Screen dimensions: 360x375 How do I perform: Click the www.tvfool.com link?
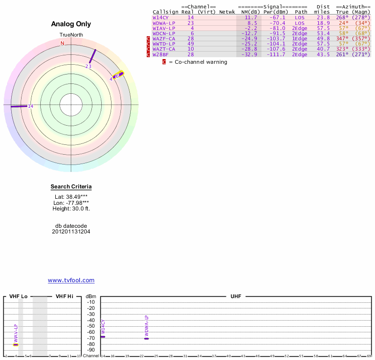(71, 280)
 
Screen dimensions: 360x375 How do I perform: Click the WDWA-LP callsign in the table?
(164, 22)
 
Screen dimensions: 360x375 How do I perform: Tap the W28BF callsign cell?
(161, 54)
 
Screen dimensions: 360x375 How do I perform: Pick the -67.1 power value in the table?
(277, 17)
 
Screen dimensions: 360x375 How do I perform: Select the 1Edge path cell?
(300, 38)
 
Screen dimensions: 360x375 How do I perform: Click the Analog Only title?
(71, 24)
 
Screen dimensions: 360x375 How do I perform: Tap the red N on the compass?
(62, 44)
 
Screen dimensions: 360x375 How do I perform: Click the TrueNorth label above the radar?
(71, 35)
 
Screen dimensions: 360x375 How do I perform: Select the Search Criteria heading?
(71, 187)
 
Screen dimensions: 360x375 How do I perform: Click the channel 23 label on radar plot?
(88, 66)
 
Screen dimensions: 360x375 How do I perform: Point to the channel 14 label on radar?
(30, 106)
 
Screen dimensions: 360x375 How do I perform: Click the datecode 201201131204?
(71, 232)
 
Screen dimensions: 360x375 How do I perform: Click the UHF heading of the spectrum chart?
(235, 297)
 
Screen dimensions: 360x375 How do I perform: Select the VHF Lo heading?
(19, 297)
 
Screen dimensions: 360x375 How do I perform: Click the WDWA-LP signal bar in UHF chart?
(146, 338)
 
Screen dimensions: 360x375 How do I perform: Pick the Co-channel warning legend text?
(198, 62)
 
